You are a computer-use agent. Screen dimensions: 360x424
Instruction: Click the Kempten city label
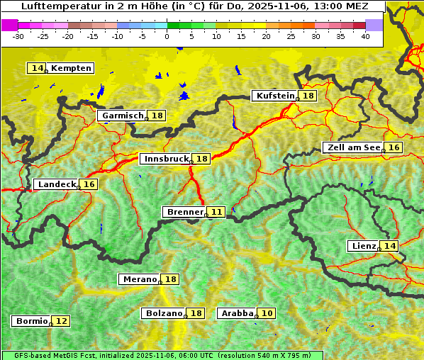click(71, 68)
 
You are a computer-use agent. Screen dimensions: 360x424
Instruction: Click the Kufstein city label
click(275, 96)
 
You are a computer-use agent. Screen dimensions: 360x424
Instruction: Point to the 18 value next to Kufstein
click(308, 96)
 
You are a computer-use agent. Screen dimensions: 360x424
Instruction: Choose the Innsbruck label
click(166, 159)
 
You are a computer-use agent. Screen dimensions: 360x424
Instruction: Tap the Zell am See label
click(352, 147)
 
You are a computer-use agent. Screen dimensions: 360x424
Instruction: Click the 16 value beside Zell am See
click(394, 147)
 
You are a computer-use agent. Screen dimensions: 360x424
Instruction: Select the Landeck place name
click(57, 184)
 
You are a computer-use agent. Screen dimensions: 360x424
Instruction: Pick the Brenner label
click(185, 212)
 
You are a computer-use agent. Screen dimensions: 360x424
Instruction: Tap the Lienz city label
click(364, 246)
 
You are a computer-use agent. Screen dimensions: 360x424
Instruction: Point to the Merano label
click(139, 279)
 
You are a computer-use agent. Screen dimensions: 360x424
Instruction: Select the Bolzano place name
click(164, 313)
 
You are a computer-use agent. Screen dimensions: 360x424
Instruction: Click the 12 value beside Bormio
click(62, 321)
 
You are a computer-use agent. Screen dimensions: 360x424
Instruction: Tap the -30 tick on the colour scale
click(18, 36)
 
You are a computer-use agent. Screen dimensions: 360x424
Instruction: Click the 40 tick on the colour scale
click(365, 36)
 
